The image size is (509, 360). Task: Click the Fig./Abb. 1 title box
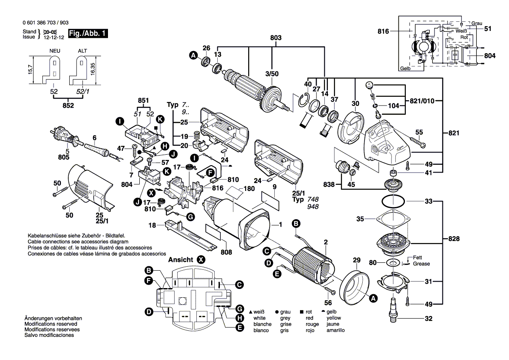click(x=88, y=34)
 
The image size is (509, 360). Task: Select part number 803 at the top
click(x=276, y=38)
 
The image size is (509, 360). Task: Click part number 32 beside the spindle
click(x=428, y=319)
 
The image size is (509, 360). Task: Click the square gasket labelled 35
click(x=393, y=221)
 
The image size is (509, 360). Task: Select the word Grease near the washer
click(x=421, y=264)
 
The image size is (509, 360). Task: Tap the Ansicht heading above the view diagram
click(x=180, y=259)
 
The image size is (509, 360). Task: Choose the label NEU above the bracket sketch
click(x=55, y=51)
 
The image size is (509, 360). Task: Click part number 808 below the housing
click(x=226, y=251)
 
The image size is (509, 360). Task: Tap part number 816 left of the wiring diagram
click(x=383, y=31)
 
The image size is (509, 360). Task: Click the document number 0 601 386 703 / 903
click(x=44, y=23)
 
